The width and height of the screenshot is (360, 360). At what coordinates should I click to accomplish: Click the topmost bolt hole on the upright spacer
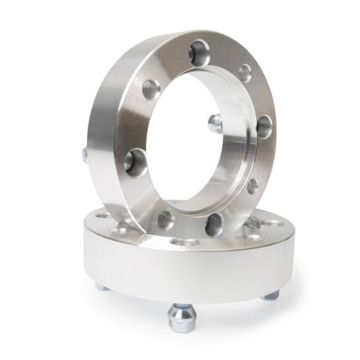[199, 49]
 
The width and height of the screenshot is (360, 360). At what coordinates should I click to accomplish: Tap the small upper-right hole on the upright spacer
[245, 73]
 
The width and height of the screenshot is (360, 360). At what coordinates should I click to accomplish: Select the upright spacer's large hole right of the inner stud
[264, 125]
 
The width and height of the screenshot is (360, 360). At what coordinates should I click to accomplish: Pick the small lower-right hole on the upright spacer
[252, 186]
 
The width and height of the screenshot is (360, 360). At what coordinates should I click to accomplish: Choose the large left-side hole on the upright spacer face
[135, 161]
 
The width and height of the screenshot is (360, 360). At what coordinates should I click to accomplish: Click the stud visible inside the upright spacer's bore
[215, 123]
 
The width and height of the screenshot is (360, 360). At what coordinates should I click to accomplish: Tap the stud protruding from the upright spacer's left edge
[85, 154]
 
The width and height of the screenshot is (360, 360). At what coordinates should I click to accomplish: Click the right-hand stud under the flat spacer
[271, 293]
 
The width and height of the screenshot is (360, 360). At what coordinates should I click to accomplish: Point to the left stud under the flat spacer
[103, 286]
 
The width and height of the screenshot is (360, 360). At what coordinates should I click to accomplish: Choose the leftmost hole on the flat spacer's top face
[102, 214]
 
